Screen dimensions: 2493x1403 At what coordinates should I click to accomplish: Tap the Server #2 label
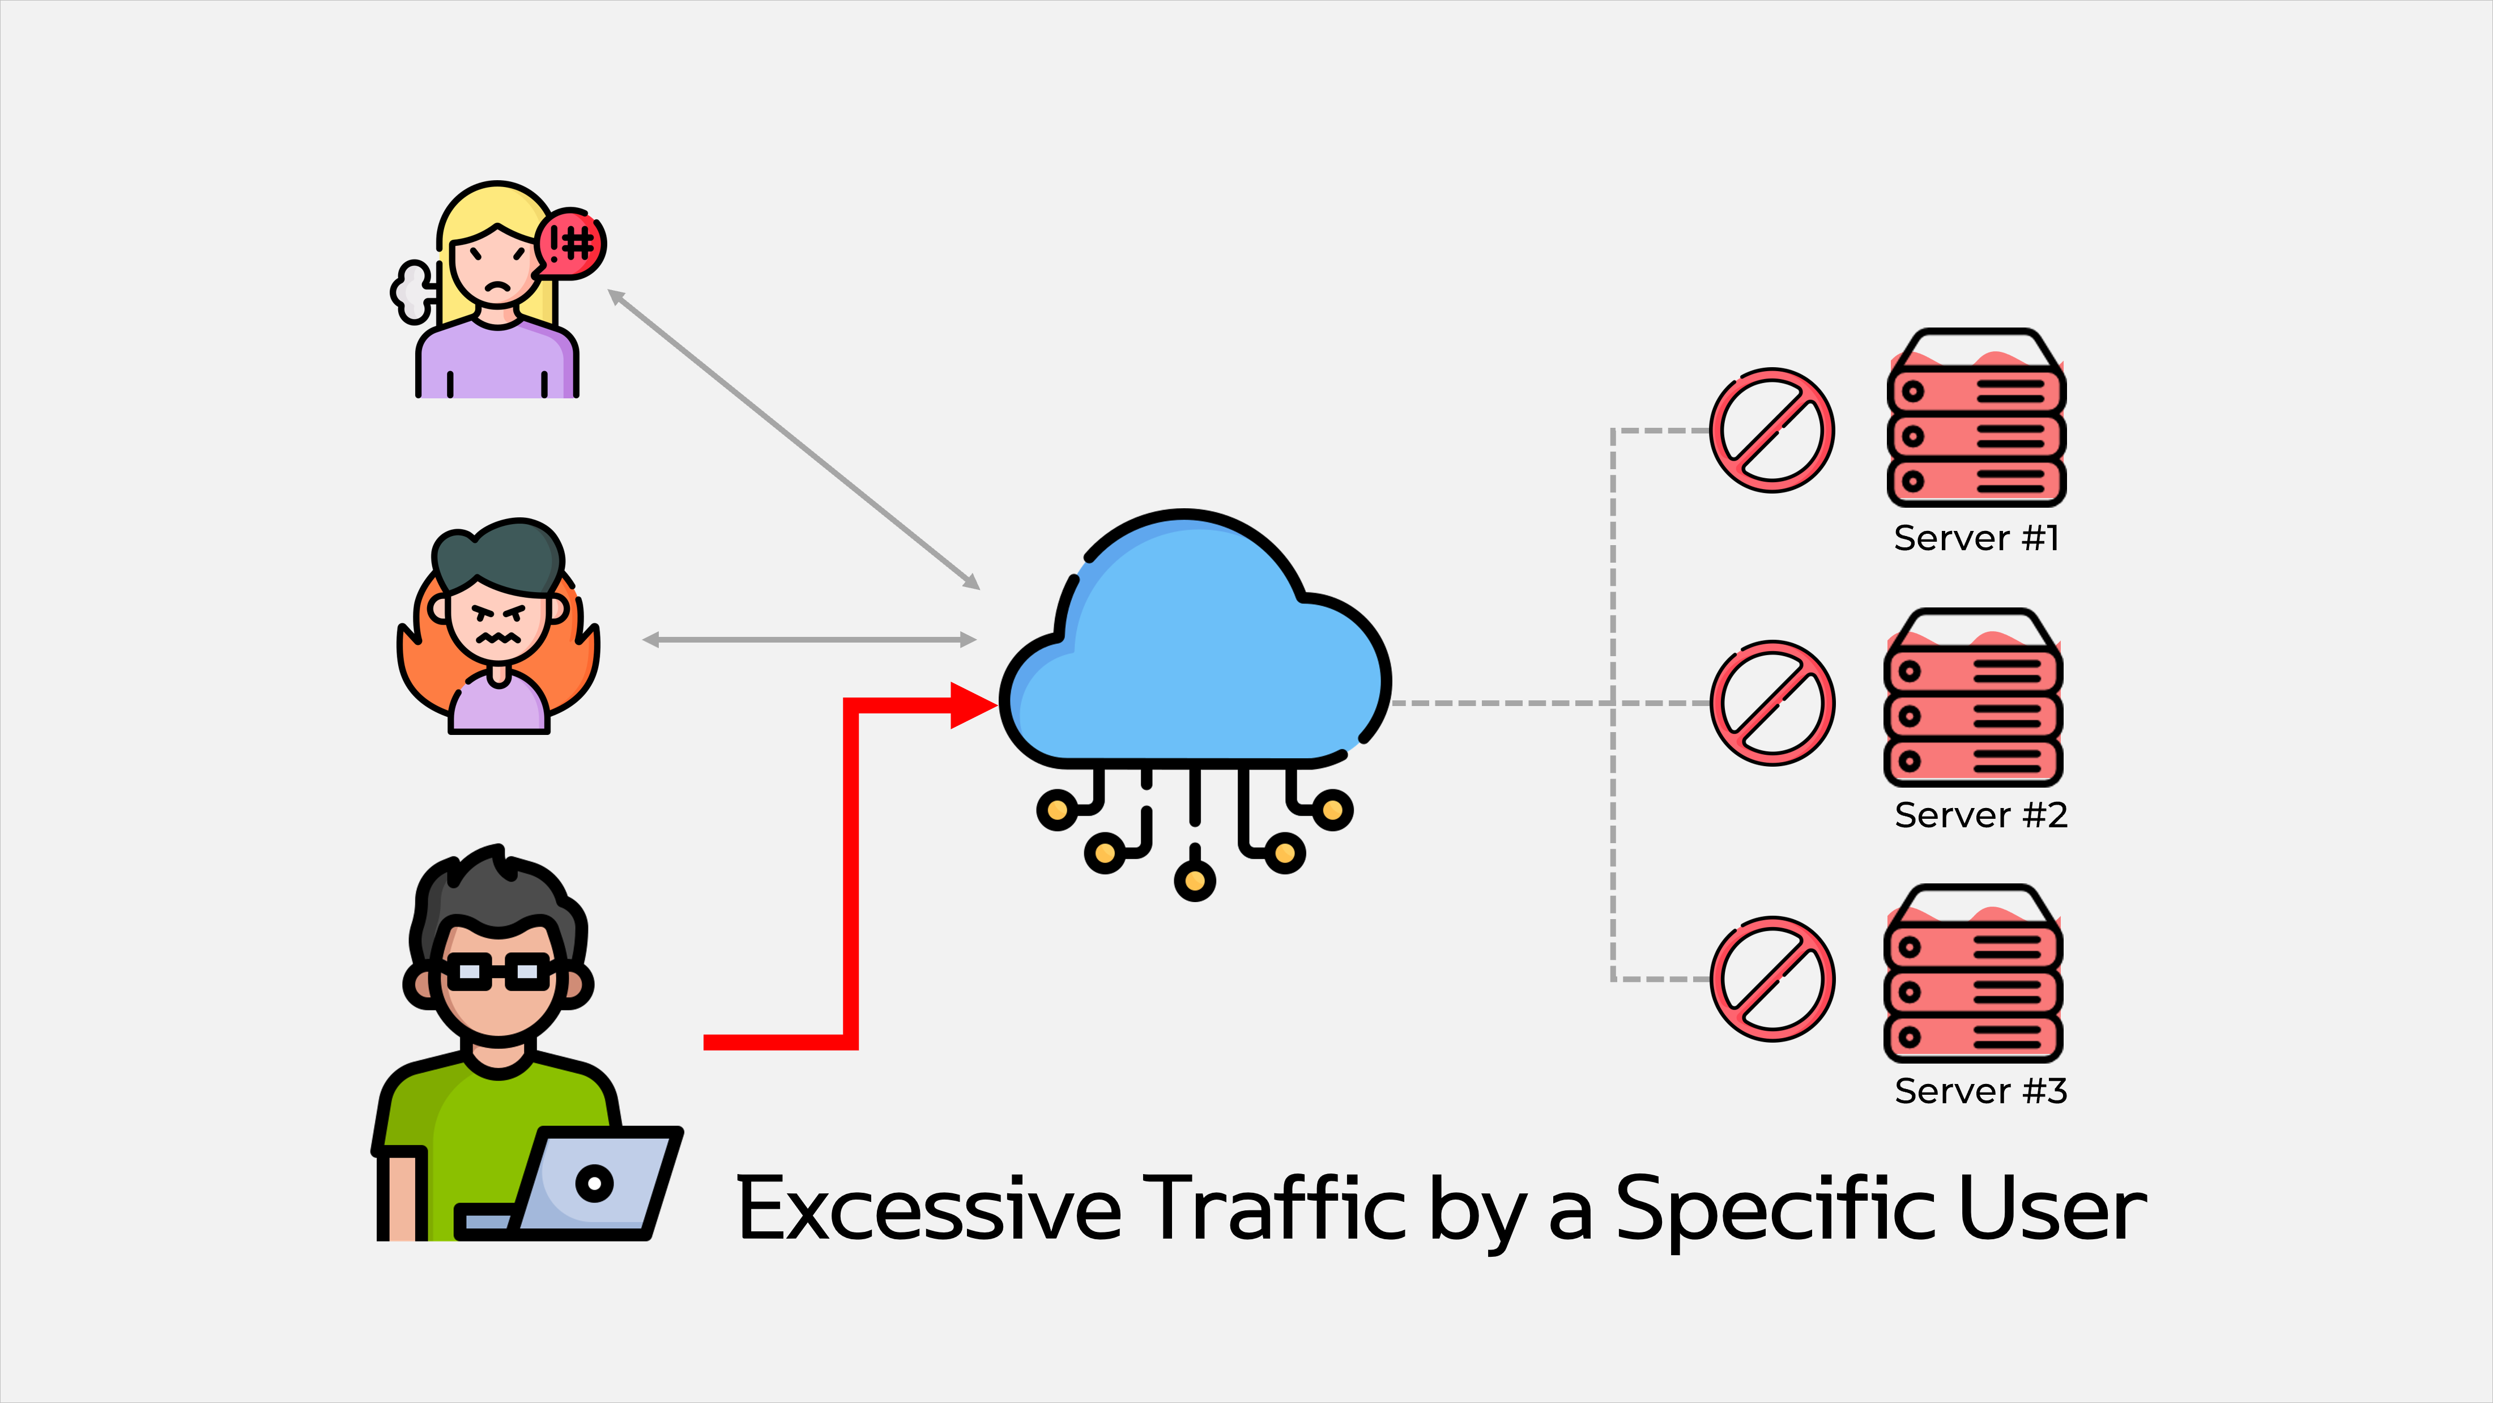1980,815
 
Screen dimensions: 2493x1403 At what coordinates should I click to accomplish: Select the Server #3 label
1980,1091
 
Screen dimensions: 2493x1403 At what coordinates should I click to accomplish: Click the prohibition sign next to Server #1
1771,431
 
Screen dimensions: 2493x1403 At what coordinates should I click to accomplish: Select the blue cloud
1195,649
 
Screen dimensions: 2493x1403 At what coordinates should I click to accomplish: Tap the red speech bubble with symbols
571,243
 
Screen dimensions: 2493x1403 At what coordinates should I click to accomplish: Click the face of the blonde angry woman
496,266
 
